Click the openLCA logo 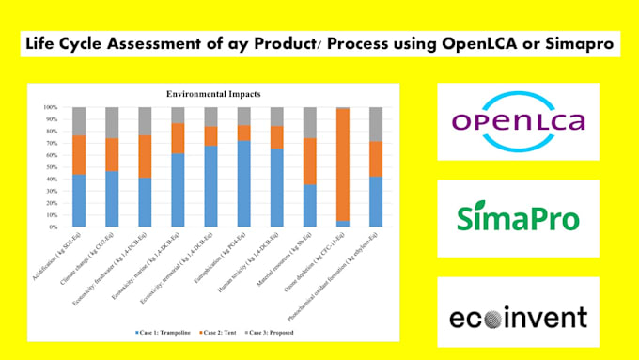[518, 121]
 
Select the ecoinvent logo [518, 316]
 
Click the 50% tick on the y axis [51, 167]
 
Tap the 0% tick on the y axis [52, 227]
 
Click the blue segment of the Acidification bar [79, 200]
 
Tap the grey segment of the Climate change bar [112, 122]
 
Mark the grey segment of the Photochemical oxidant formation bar [375, 124]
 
